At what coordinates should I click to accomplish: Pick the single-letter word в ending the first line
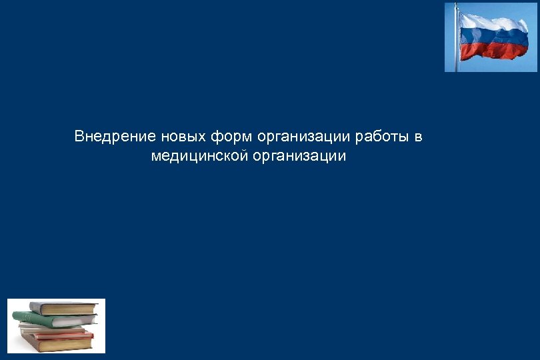click(x=419, y=137)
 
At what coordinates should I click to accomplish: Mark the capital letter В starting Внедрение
click(x=79, y=137)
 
